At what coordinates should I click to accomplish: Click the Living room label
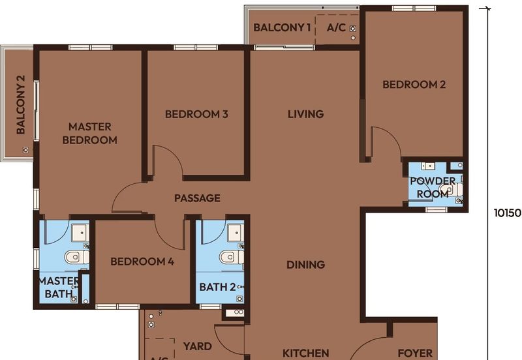coord(305,114)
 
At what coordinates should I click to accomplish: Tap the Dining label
coord(305,265)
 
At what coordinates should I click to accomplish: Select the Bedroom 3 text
coord(196,114)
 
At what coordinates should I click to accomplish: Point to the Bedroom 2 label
coord(414,85)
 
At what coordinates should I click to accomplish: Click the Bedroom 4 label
coord(142,262)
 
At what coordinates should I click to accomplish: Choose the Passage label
coord(197,198)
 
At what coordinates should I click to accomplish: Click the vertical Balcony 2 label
coord(21,105)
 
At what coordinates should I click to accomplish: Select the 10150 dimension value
coord(507,213)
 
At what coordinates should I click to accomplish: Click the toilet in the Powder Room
coord(450,190)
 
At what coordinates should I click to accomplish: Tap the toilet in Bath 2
coord(231,257)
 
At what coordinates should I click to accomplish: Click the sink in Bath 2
coord(236,233)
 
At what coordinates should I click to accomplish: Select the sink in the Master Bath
coord(80,233)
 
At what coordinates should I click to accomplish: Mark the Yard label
coord(198,346)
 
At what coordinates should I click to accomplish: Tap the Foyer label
coord(415,353)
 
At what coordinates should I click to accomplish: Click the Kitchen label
coord(305,353)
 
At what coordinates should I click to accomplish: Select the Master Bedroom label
coord(90,134)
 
